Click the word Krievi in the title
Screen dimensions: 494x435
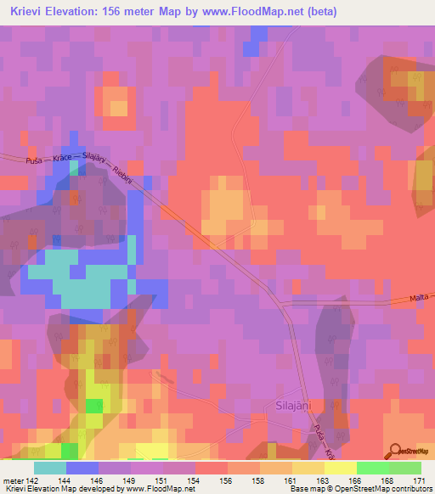[28, 12]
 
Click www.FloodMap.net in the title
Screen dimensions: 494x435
[254, 12]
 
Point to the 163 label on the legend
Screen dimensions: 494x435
[324, 480]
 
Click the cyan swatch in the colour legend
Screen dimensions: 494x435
[50, 468]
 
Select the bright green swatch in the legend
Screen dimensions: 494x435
[373, 468]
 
